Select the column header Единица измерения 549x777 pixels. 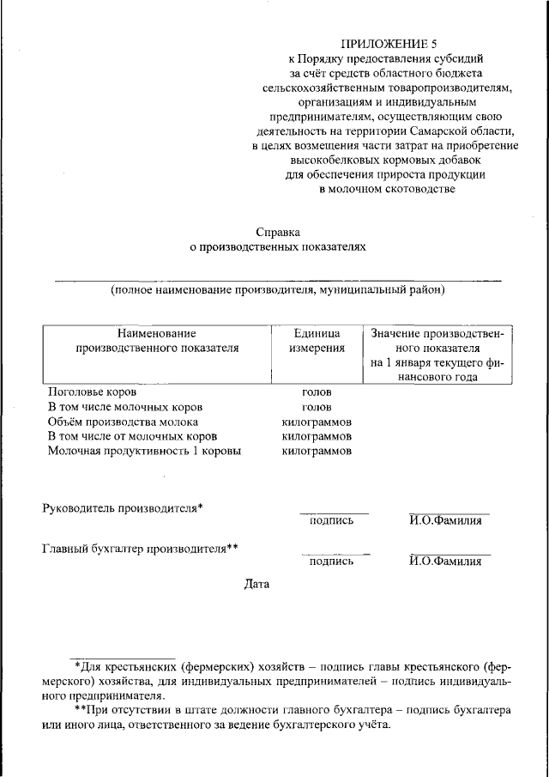pos(317,341)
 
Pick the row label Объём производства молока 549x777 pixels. pos(123,422)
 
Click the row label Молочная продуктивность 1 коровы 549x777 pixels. pos(144,451)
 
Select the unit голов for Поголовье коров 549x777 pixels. pos(317,392)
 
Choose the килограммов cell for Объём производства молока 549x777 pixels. pos(317,422)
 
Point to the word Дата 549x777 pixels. pos(256,585)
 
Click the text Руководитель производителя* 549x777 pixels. pos(123,507)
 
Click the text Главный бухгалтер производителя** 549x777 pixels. pos(140,548)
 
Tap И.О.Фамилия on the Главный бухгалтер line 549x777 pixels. pos(444,562)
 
